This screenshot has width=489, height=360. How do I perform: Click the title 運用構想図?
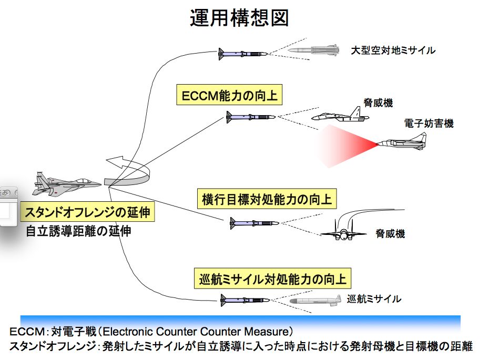click(x=239, y=18)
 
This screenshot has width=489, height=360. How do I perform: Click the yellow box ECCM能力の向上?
click(x=229, y=96)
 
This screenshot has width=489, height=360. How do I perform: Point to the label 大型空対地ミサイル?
click(x=393, y=51)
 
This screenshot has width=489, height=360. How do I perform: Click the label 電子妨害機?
click(x=429, y=124)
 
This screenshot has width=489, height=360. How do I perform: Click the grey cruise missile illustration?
click(x=316, y=301)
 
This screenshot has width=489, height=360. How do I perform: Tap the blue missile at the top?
click(x=242, y=53)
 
